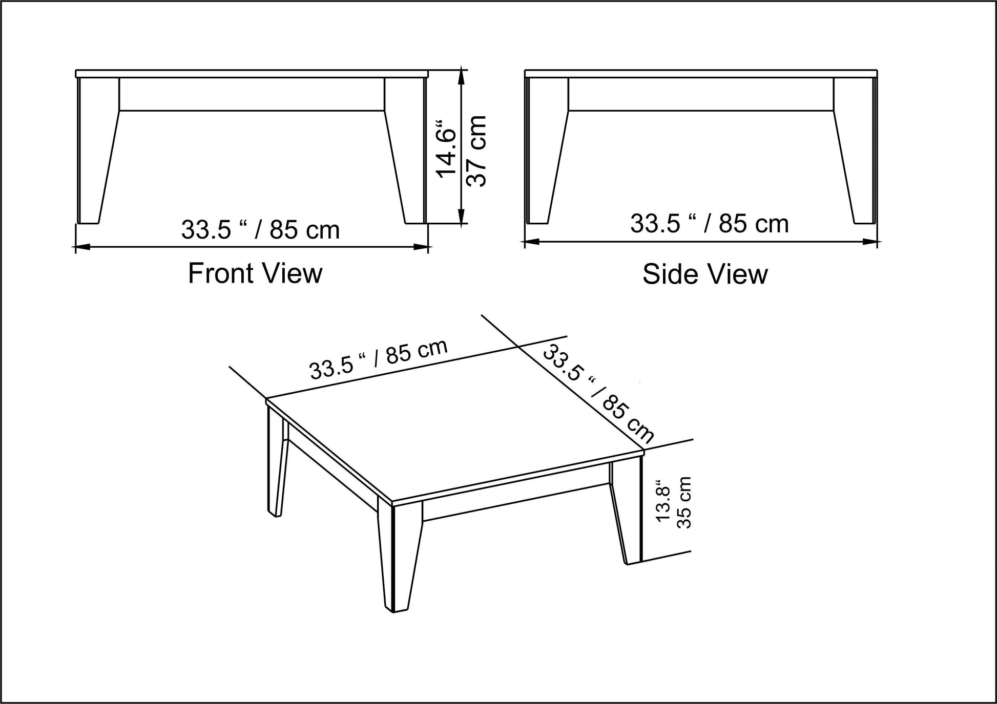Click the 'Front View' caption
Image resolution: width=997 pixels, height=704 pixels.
pyautogui.click(x=255, y=273)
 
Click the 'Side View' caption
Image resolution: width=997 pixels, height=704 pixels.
pyautogui.click(x=705, y=274)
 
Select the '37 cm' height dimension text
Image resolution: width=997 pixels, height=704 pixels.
pyautogui.click(x=476, y=151)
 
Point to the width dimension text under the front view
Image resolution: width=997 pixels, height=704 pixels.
pyautogui.click(x=260, y=230)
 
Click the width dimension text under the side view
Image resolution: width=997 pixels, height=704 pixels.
pyautogui.click(x=709, y=224)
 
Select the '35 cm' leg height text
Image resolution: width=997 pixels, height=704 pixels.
pyautogui.click(x=684, y=503)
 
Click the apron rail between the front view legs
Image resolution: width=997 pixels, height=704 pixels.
pyautogui.click(x=252, y=94)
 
